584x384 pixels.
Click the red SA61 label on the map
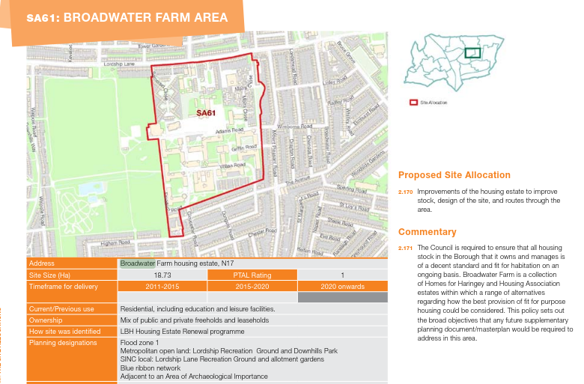coord(206,114)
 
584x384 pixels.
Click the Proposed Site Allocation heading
coord(454,175)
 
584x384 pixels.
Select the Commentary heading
coord(427,232)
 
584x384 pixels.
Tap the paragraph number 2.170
coord(405,192)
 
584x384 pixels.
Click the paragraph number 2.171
coord(405,248)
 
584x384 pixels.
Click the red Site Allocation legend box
coord(413,102)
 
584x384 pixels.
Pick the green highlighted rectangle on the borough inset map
coord(472,52)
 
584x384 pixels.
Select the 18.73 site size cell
coord(162,275)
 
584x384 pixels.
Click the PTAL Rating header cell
coord(252,275)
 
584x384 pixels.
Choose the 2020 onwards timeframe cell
coord(342,286)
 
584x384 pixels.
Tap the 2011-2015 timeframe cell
coord(162,286)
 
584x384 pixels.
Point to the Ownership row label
coord(46,320)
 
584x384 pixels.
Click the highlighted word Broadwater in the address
coord(138,263)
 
